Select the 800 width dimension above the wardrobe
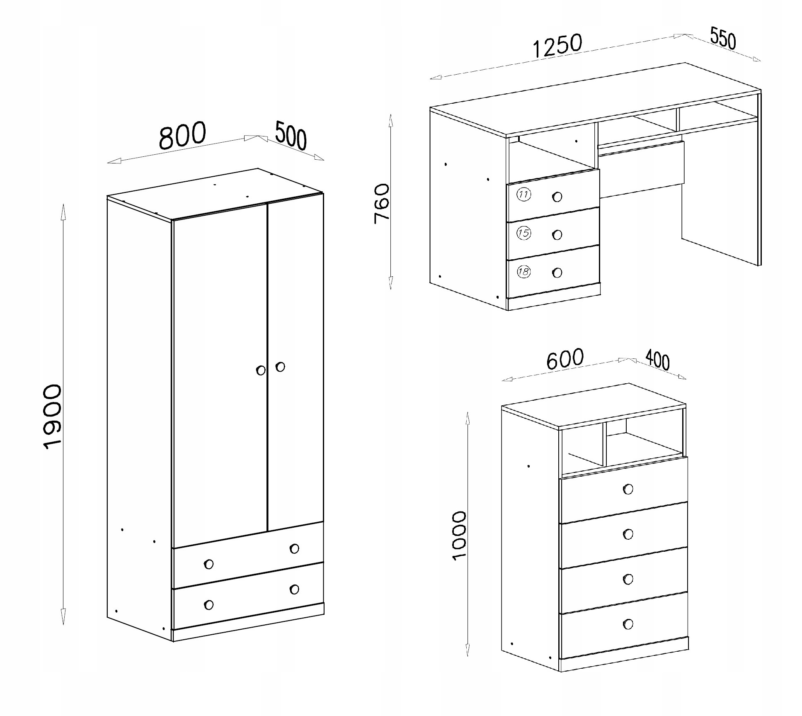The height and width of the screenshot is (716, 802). (x=182, y=135)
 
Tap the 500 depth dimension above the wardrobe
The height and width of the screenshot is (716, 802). (x=291, y=135)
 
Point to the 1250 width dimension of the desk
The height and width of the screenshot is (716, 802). (x=557, y=46)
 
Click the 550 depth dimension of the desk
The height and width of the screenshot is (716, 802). (x=723, y=39)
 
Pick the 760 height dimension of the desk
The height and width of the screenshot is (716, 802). (x=382, y=204)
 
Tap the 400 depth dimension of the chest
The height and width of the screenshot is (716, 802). (x=657, y=360)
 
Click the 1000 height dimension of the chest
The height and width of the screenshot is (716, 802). (x=459, y=536)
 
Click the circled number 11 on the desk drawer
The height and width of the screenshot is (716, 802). (x=524, y=194)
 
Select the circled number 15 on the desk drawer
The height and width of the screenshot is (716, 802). (x=524, y=233)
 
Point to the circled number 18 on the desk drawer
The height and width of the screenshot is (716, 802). (x=524, y=272)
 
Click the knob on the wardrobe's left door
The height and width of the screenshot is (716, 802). (x=261, y=370)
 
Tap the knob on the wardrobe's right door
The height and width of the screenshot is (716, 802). (x=280, y=367)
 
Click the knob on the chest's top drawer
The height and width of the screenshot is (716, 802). (x=628, y=490)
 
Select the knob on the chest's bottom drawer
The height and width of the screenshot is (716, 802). (x=628, y=624)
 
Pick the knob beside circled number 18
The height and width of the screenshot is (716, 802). (x=557, y=273)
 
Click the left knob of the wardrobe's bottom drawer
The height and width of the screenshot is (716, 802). (x=209, y=605)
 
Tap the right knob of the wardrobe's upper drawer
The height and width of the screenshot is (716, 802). (x=294, y=548)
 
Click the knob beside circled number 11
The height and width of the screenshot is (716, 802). (x=557, y=197)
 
